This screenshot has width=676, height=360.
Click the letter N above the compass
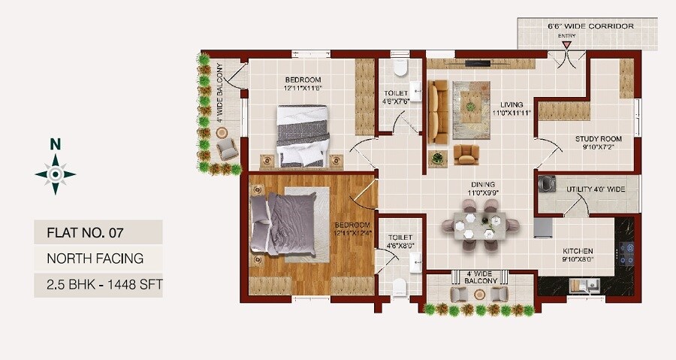[55, 144]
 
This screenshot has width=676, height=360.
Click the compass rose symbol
[55, 174]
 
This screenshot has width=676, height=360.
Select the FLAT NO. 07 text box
[98, 232]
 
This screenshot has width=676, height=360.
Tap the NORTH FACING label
[95, 259]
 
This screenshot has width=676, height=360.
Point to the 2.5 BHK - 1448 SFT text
[98, 284]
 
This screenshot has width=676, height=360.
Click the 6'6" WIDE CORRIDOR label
[590, 26]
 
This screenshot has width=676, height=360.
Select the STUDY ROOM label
[599, 144]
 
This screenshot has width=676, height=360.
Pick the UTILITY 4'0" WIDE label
[595, 189]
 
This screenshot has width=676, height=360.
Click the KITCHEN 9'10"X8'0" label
[578, 255]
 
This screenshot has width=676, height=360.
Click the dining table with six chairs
[480, 225]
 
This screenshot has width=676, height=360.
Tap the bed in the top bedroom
[303, 136]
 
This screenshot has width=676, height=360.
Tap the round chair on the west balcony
[223, 132]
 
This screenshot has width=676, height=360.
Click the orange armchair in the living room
[466, 154]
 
